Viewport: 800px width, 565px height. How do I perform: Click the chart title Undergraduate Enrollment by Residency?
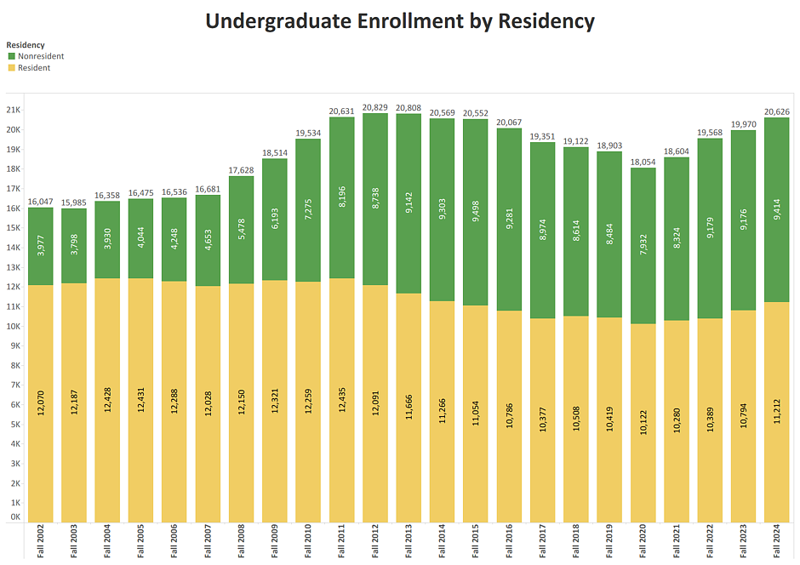click(x=400, y=21)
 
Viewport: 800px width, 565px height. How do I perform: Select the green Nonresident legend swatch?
click(x=11, y=56)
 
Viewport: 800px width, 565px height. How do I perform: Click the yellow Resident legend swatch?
click(x=11, y=68)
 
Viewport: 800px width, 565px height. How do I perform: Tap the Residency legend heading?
click(x=26, y=44)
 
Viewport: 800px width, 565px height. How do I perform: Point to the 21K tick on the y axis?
click(x=14, y=111)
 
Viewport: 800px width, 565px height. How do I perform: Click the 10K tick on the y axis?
click(x=14, y=327)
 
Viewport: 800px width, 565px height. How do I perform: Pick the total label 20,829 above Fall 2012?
click(x=375, y=107)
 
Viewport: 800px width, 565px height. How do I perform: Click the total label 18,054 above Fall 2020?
click(x=643, y=162)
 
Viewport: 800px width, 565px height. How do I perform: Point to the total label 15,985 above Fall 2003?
click(x=74, y=202)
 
